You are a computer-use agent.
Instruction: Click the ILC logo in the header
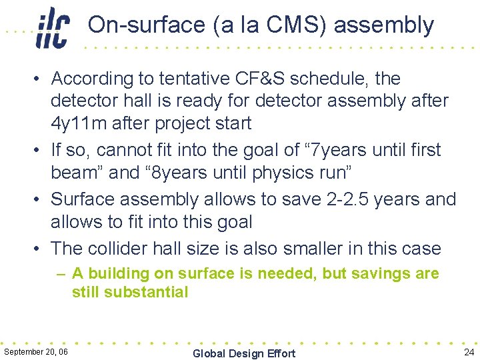53,27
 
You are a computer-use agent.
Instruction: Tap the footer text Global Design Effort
243,353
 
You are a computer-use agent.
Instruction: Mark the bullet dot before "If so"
39,151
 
